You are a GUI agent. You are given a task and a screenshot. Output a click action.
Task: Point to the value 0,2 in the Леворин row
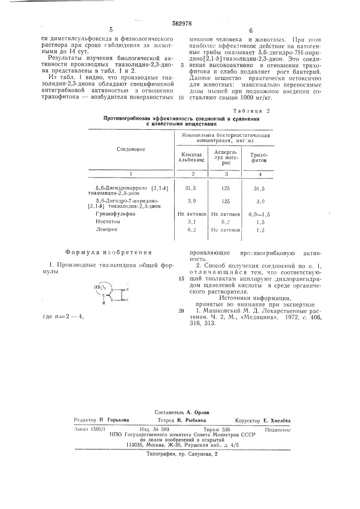point(191,230)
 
